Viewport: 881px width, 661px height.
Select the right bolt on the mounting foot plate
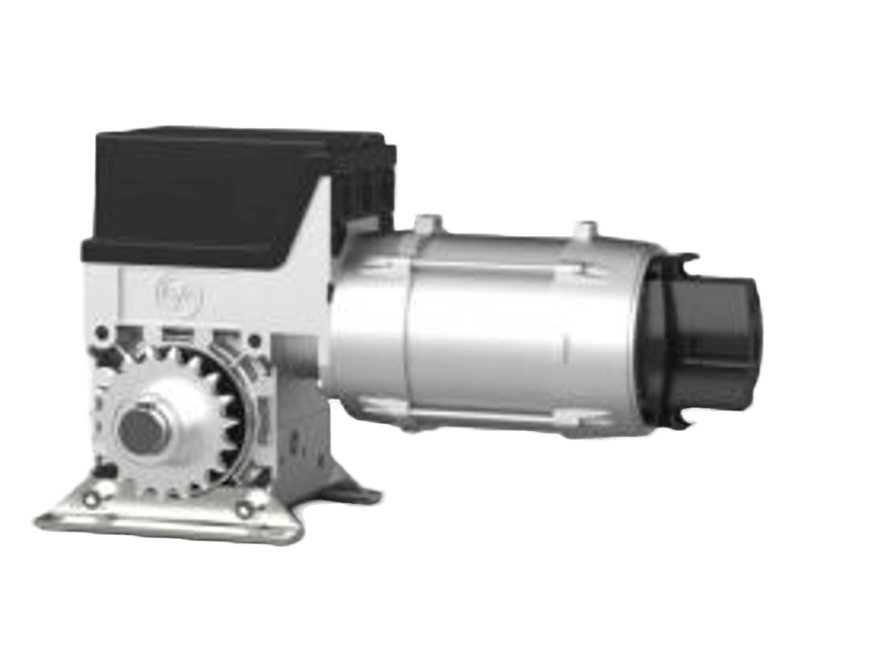[x=242, y=508]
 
